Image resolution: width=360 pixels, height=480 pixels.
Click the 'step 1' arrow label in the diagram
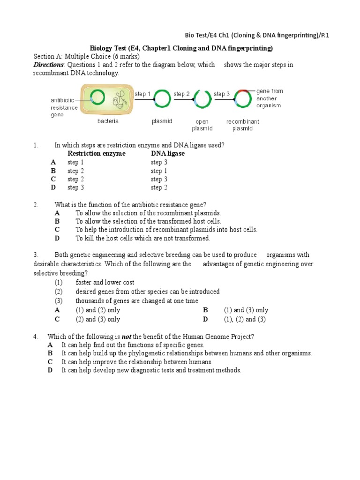click(142, 94)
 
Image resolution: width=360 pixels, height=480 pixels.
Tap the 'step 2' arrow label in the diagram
click(181, 94)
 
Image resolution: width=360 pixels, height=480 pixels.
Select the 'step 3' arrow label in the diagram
click(222, 94)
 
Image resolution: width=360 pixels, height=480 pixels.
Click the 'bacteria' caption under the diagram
click(108, 121)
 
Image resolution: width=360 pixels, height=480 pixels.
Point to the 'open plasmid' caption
click(202, 125)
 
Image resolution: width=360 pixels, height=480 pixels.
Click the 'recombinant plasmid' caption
click(242, 125)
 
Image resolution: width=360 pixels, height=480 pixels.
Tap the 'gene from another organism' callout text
click(270, 98)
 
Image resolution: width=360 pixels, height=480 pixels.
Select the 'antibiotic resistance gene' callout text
click(64, 108)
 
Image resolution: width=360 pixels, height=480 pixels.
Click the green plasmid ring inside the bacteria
click(98, 97)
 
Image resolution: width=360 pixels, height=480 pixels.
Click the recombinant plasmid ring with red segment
click(242, 98)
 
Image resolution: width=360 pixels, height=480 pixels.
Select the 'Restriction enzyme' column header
click(97, 154)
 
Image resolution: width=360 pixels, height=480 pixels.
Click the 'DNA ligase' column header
click(168, 154)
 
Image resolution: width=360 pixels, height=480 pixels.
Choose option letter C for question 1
click(53, 179)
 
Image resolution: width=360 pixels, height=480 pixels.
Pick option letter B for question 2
click(57, 221)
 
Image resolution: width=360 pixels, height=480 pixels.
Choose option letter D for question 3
click(205, 320)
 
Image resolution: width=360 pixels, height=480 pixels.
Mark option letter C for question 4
click(50, 362)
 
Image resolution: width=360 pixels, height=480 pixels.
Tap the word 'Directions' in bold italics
click(48, 65)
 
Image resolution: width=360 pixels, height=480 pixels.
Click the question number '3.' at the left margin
click(36, 255)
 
